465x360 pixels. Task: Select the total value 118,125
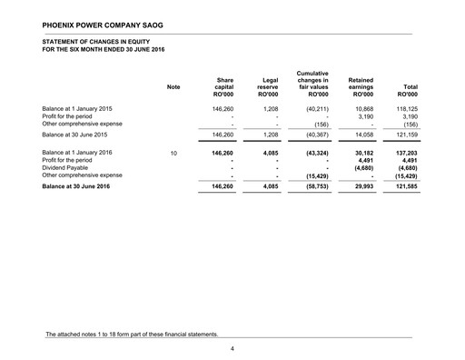click(403, 108)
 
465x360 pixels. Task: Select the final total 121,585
click(402, 188)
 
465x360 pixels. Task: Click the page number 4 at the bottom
click(232, 348)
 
